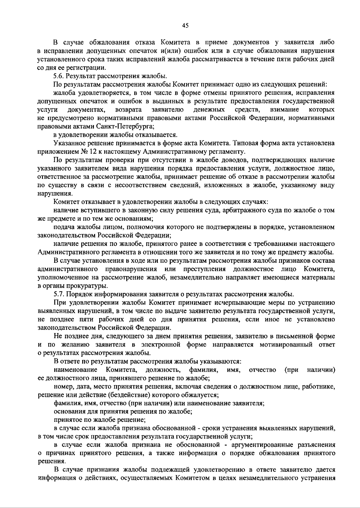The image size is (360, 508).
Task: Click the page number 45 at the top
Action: [185, 26]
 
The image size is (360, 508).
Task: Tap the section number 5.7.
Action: [59, 294]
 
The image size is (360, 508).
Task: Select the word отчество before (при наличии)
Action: [262, 370]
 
